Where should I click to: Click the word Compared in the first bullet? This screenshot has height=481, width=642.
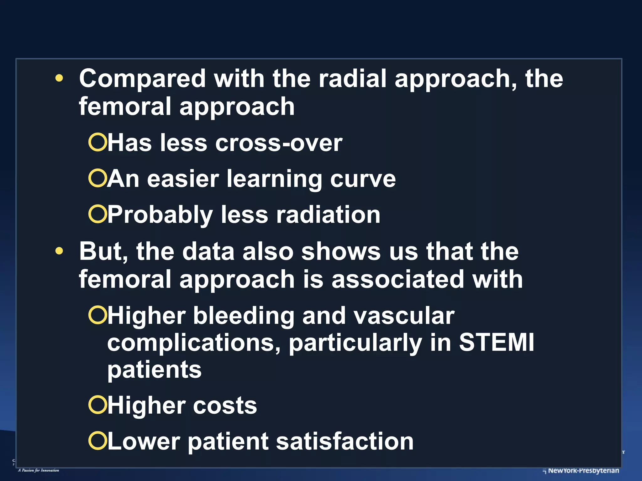tap(142, 79)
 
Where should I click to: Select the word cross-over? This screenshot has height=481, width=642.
tap(279, 143)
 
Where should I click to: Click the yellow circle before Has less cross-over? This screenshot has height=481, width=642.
tap(98, 142)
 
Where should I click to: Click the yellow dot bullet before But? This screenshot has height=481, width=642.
tap(59, 251)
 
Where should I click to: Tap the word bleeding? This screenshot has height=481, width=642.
tap(244, 316)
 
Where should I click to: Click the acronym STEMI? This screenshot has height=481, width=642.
tap(497, 343)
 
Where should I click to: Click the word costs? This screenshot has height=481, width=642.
tap(225, 406)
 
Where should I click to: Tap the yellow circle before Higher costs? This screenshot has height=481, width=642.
tap(98, 405)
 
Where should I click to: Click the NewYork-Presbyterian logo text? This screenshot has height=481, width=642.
tap(583, 470)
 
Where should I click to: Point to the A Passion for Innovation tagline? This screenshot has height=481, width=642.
tap(39, 470)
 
